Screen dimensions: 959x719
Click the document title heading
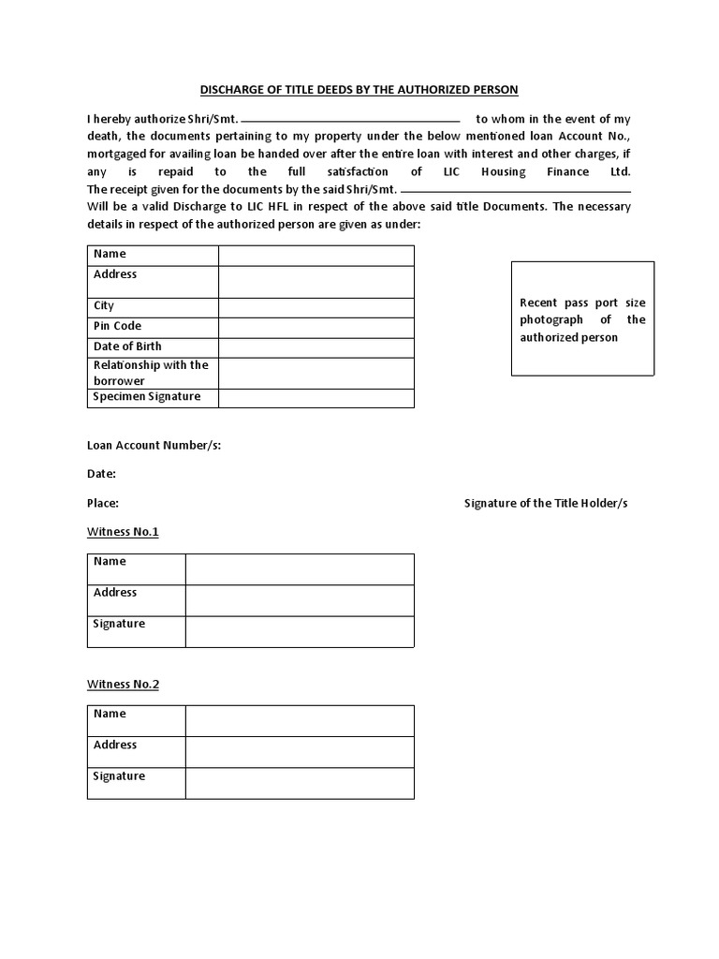[359, 90]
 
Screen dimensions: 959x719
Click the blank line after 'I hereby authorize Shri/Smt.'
[351, 120]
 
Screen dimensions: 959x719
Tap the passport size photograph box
[582, 319]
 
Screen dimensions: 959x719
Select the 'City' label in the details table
[104, 306]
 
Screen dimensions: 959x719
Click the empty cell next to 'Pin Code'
[316, 327]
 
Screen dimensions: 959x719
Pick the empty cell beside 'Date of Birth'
[316, 347]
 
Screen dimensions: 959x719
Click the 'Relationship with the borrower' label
[150, 373]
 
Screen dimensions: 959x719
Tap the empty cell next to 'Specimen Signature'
[316, 398]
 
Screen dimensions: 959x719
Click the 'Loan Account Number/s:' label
[154, 445]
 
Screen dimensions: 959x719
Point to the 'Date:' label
[101, 474]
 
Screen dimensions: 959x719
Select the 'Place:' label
[103, 503]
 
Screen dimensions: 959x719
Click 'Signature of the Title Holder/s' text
[546, 503]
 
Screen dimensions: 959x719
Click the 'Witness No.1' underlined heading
[123, 532]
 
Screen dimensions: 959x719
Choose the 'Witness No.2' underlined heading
[123, 685]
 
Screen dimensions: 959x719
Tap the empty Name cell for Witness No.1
[300, 569]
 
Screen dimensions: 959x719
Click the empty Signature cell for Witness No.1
[300, 631]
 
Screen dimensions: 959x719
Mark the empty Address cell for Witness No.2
[300, 752]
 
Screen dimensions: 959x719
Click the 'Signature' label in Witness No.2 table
[119, 776]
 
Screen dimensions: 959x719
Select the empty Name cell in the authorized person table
[316, 256]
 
